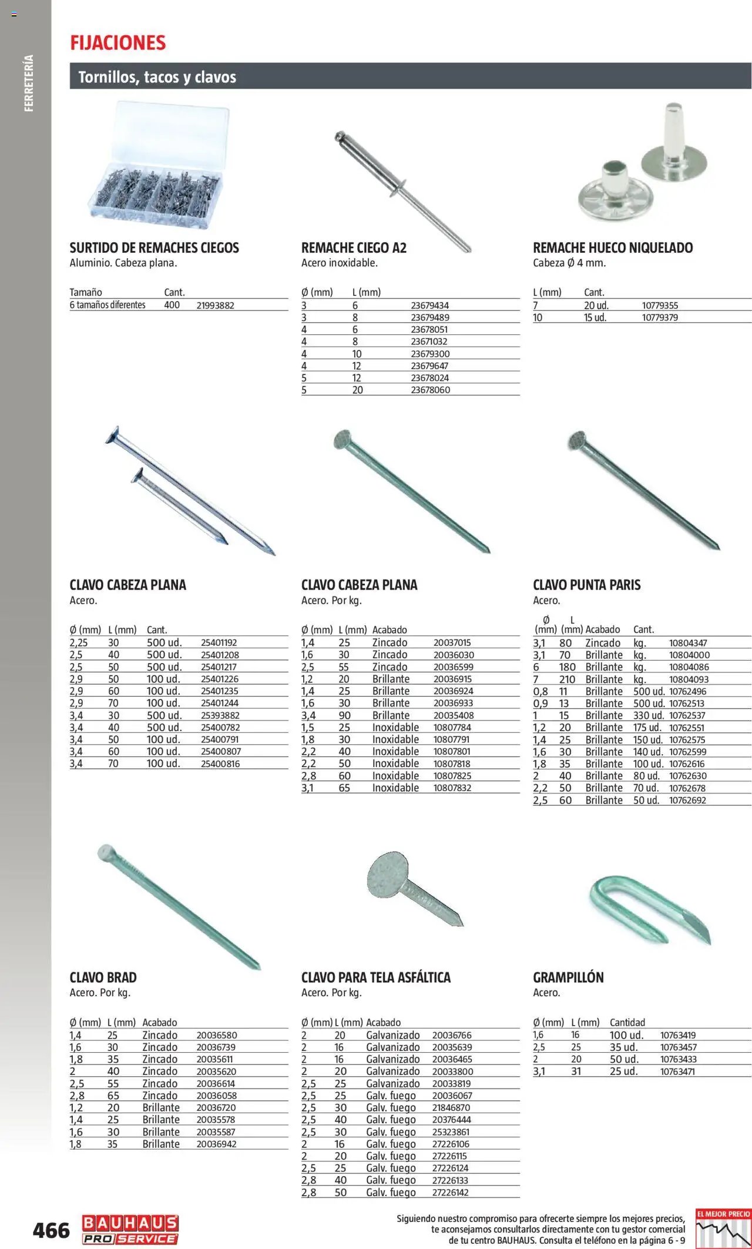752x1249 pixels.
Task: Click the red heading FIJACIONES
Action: click(x=118, y=43)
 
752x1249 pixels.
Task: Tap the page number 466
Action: click(x=51, y=1230)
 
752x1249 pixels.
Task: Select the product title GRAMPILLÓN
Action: click(x=568, y=977)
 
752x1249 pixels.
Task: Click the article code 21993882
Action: click(x=215, y=306)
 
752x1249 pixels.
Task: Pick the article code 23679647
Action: click(x=429, y=366)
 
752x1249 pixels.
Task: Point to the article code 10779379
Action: click(x=660, y=317)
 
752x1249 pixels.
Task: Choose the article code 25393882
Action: click(x=220, y=715)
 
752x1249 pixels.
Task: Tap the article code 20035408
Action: click(x=453, y=715)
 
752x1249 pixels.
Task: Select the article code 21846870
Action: click(x=451, y=1107)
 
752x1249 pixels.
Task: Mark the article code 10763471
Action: click(x=677, y=1071)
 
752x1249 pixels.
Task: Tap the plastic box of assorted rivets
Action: click(x=157, y=168)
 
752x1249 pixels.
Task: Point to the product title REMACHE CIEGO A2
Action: click(x=354, y=248)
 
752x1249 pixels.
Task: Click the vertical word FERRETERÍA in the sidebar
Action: click(x=29, y=83)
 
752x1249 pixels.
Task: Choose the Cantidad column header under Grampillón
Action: click(x=627, y=1023)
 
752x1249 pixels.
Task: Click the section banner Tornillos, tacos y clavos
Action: click(x=157, y=77)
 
